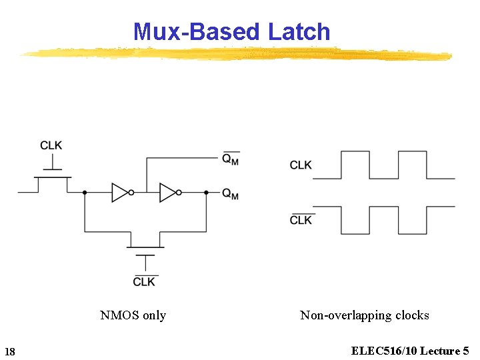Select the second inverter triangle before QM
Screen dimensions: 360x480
click(168, 193)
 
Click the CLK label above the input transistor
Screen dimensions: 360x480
click(51, 145)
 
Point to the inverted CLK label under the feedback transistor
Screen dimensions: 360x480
click(144, 281)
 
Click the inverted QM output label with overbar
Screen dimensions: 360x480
click(231, 159)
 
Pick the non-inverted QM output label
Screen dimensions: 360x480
click(231, 193)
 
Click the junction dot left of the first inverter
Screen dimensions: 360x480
click(85, 193)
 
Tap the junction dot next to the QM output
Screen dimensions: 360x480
click(207, 193)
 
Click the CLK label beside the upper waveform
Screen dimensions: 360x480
click(301, 165)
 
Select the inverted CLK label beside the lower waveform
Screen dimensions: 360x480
click(301, 220)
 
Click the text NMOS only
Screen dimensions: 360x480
click(133, 315)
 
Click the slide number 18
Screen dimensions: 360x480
click(10, 351)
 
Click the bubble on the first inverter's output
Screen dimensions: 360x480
click(131, 193)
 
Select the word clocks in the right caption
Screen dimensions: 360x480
click(411, 315)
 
